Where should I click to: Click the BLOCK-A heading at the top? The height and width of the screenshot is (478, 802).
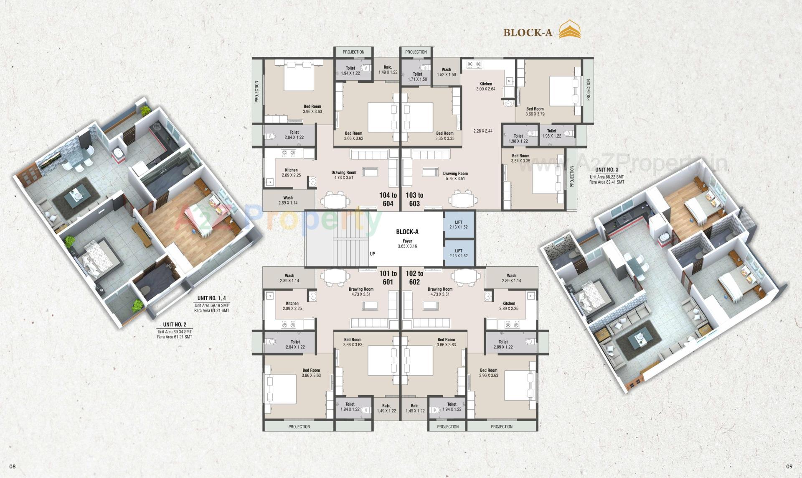(x=528, y=33)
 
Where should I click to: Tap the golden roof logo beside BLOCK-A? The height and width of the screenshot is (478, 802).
(x=570, y=31)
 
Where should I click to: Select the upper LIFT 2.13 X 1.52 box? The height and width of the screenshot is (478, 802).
(x=458, y=225)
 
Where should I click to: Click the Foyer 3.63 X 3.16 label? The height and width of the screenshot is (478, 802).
(x=407, y=244)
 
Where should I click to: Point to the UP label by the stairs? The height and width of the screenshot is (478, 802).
(x=372, y=254)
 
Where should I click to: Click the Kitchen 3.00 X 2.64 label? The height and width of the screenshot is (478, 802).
(x=485, y=86)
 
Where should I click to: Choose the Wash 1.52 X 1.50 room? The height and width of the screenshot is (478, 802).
(x=446, y=72)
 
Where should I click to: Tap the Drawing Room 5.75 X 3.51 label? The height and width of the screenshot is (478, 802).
(x=455, y=176)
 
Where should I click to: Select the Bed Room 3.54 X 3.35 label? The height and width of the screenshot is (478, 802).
(x=520, y=158)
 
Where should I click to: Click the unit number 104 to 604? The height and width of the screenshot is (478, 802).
(x=388, y=199)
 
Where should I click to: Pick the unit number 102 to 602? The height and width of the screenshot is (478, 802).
(x=414, y=278)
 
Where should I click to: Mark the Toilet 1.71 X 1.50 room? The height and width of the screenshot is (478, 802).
(x=417, y=77)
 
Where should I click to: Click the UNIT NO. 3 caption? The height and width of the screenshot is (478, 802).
(x=607, y=169)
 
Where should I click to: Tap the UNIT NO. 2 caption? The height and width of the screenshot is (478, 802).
(x=175, y=325)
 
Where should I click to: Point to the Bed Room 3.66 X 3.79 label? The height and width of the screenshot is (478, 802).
(x=535, y=111)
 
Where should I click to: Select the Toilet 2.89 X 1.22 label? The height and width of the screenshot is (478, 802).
(x=503, y=344)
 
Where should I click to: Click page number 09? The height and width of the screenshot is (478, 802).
(x=789, y=466)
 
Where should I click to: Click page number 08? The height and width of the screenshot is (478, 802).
(x=13, y=466)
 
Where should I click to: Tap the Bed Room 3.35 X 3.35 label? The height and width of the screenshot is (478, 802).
(x=444, y=135)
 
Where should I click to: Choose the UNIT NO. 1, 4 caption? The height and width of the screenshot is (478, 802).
(x=211, y=298)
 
